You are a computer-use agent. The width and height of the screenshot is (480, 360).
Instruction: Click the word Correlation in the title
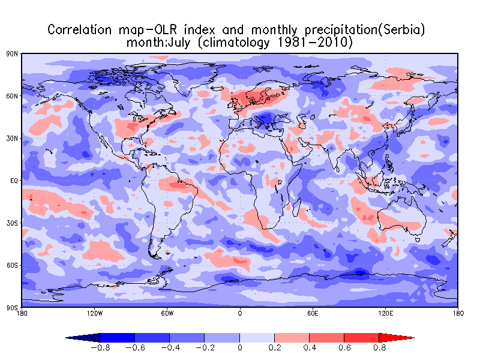[80, 29]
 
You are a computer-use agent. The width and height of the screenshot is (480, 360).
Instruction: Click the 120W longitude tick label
[94, 313]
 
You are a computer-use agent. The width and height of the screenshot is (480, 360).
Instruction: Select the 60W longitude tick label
[167, 313]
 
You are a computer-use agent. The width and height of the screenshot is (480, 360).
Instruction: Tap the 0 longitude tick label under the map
[240, 313]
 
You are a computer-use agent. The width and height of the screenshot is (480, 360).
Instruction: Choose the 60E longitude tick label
[313, 313]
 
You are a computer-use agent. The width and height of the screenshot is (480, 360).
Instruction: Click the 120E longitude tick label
[385, 313]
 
